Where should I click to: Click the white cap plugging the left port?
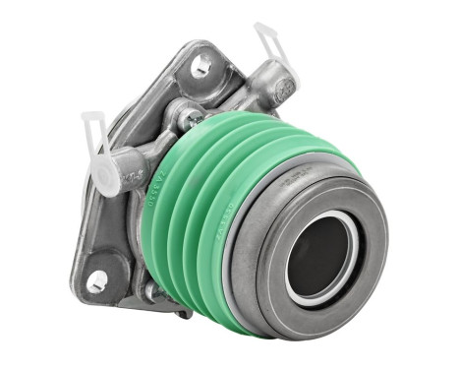tap(106, 175)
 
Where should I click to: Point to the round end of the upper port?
tap(284, 92)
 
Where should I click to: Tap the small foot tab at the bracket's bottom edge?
tap(183, 313)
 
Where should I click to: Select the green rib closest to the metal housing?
tap(157, 226)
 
